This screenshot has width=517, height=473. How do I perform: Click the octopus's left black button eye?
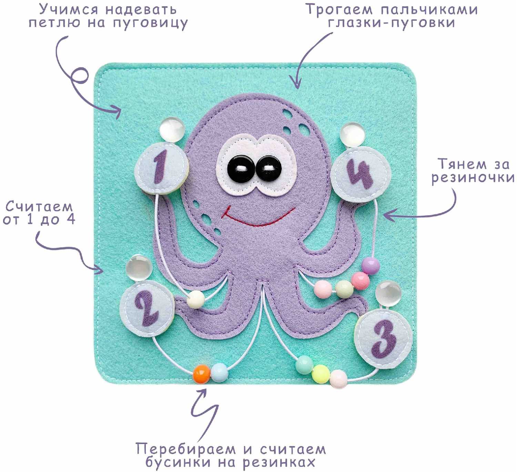tap(240, 169)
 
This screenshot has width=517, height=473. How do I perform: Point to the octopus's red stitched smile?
tap(258, 218)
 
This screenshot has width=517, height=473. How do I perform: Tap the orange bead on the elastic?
tap(202, 373)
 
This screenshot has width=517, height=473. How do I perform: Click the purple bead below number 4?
tap(371, 265)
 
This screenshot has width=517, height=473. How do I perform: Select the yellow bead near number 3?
tap(321, 374)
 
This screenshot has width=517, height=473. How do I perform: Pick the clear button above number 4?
tap(353, 135)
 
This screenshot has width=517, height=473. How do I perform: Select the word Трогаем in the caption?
tap(339, 10)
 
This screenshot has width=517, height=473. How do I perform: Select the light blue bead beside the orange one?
tap(219, 372)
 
